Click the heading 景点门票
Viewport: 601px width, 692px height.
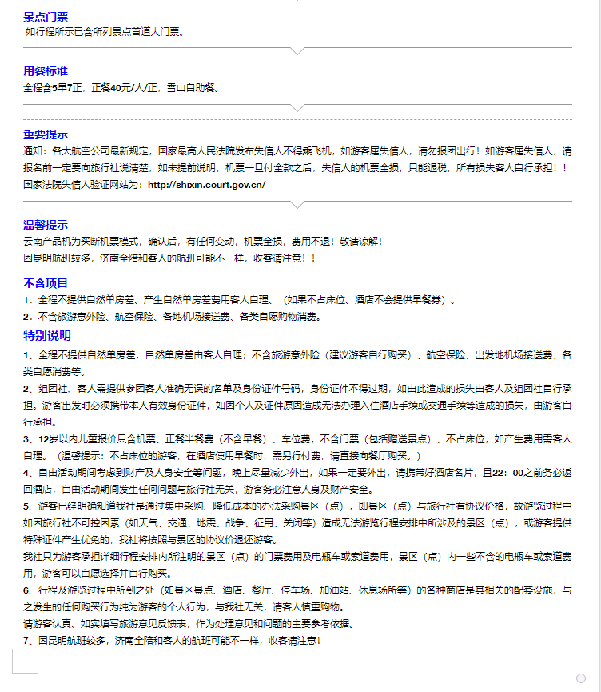46,16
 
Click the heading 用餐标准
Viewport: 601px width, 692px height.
46,71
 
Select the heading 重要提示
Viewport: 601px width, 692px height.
46,134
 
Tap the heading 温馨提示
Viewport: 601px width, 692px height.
46,225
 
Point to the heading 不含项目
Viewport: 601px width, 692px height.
46,283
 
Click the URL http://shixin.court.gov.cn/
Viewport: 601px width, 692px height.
206,184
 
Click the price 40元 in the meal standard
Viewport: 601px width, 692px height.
120,87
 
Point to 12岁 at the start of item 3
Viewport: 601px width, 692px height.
46,439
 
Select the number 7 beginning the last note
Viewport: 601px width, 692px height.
26,641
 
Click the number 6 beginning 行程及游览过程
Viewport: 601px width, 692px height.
26,590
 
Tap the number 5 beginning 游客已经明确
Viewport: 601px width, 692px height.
26,506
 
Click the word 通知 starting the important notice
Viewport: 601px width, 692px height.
33,150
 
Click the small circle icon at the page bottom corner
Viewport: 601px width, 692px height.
581,678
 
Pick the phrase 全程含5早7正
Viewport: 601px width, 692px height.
53,87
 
